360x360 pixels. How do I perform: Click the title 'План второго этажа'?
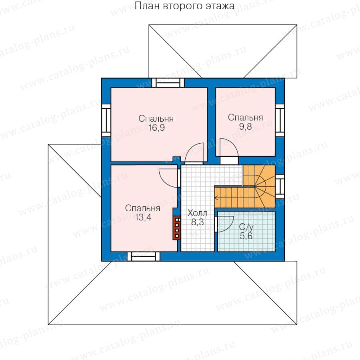(184, 6)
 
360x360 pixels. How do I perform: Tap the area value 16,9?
(156, 128)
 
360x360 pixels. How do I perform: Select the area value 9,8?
(246, 126)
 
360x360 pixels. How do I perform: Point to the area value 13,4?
(143, 217)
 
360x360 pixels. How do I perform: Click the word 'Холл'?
(197, 213)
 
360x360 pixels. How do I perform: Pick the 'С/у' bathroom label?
(246, 227)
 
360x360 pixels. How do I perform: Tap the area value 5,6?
(246, 236)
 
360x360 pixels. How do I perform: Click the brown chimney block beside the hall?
(177, 228)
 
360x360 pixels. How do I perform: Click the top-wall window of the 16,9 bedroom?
(168, 83)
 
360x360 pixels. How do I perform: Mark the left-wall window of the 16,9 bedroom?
(106, 120)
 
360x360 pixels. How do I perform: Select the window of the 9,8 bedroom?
(280, 120)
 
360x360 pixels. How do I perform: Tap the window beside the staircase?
(280, 187)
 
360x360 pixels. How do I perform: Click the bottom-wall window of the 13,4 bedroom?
(144, 256)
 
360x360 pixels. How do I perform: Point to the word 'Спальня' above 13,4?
(142, 208)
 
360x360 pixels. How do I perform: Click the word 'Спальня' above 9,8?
(246, 118)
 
